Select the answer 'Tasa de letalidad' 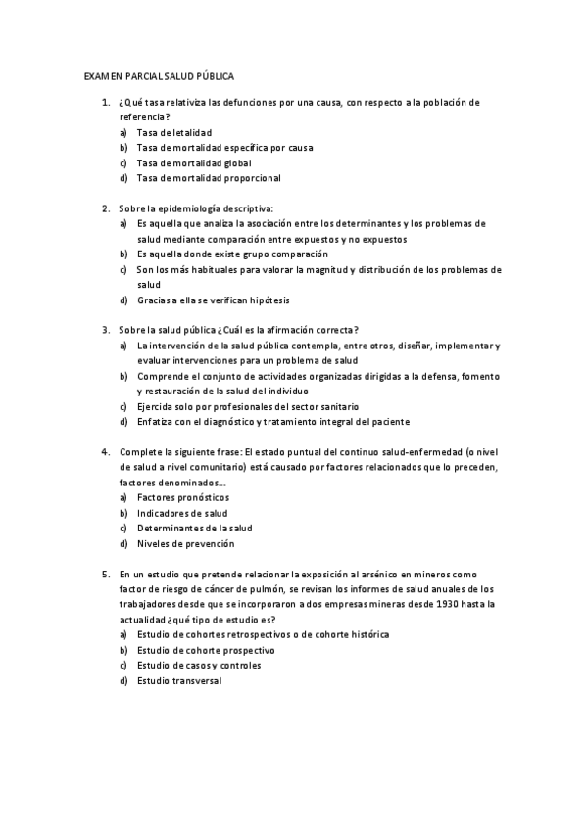pos(174,132)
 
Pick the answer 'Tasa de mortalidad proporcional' pos(209,178)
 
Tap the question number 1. pos(105,102)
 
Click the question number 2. pos(105,207)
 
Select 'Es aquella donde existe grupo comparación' pos(232,254)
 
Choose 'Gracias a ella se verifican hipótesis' pos(214,300)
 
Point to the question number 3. pos(105,329)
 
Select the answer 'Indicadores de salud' pos(182,513)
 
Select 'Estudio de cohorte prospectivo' pos(206,650)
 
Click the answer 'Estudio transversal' pos(179,680)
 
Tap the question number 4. pos(105,451)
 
